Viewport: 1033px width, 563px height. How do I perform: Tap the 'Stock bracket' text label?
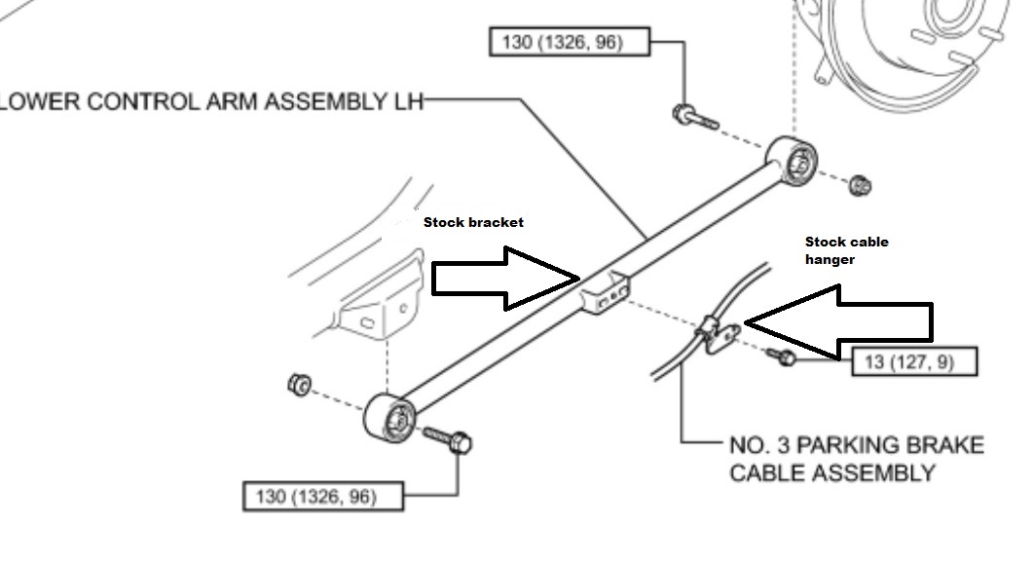(x=473, y=222)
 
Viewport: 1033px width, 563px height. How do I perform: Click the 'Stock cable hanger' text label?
(x=847, y=250)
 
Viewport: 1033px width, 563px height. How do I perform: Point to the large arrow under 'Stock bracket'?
(x=505, y=279)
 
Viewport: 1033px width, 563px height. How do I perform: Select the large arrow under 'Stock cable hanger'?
(x=839, y=323)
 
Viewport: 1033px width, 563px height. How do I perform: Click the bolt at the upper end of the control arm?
(x=695, y=118)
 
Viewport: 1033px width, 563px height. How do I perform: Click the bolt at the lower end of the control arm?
(x=447, y=439)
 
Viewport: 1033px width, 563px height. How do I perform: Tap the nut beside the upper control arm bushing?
(x=859, y=185)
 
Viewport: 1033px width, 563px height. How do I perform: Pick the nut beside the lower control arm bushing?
(x=299, y=385)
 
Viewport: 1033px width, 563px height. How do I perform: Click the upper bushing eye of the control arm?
(x=792, y=160)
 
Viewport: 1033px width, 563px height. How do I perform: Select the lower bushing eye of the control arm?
(x=390, y=417)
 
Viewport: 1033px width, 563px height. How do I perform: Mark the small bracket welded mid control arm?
(x=606, y=292)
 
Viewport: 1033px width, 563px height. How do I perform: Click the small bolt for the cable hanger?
(x=782, y=357)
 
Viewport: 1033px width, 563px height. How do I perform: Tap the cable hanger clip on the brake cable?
(x=719, y=335)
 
